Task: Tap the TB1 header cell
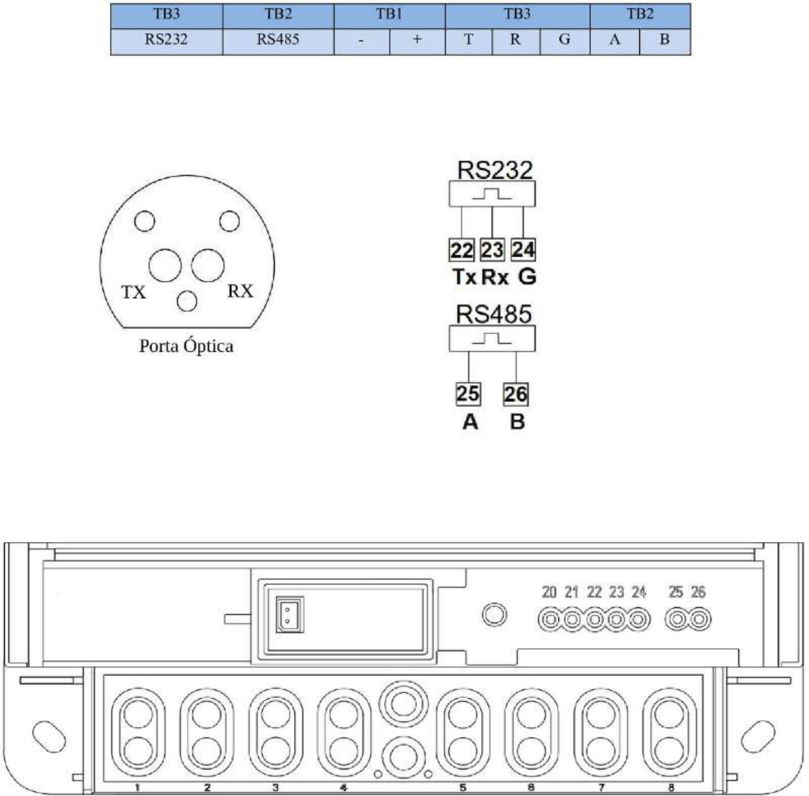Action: (389, 16)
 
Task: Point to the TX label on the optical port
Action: (133, 292)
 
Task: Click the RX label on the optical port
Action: (240, 291)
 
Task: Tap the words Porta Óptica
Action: (187, 346)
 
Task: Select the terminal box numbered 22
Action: (462, 250)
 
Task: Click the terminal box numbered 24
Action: (523, 250)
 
